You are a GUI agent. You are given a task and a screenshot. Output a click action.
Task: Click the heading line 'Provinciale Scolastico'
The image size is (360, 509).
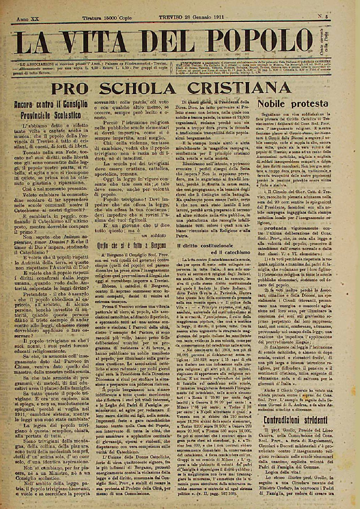(x=51, y=115)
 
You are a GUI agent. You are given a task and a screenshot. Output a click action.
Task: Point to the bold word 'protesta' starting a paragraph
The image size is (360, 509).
(x=275, y=228)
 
